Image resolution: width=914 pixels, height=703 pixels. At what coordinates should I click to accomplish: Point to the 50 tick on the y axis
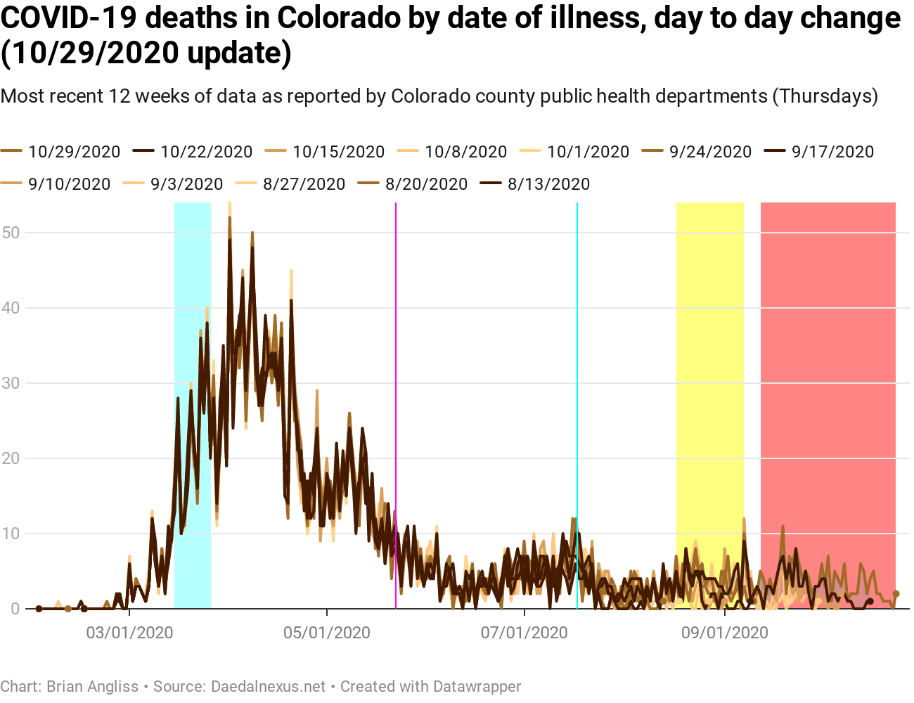click(x=11, y=233)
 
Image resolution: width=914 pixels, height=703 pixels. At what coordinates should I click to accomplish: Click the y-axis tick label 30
click(x=11, y=383)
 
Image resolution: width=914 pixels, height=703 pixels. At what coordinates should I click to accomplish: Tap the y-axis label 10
click(x=11, y=534)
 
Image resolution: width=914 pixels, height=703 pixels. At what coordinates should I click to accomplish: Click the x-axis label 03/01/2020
click(x=129, y=633)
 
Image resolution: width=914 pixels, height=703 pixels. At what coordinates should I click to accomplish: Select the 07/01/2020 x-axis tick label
click(x=524, y=633)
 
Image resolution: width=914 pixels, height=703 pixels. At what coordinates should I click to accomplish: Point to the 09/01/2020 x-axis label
click(x=725, y=633)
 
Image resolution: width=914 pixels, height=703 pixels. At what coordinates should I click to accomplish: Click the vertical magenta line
click(x=396, y=351)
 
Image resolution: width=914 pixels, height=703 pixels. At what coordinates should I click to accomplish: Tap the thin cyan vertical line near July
click(x=577, y=351)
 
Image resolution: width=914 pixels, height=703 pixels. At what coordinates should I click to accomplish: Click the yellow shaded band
click(x=709, y=351)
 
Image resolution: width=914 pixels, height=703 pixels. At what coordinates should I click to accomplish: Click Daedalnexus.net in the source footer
click(x=269, y=687)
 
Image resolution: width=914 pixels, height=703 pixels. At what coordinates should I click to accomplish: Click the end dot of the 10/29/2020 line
click(x=896, y=594)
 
